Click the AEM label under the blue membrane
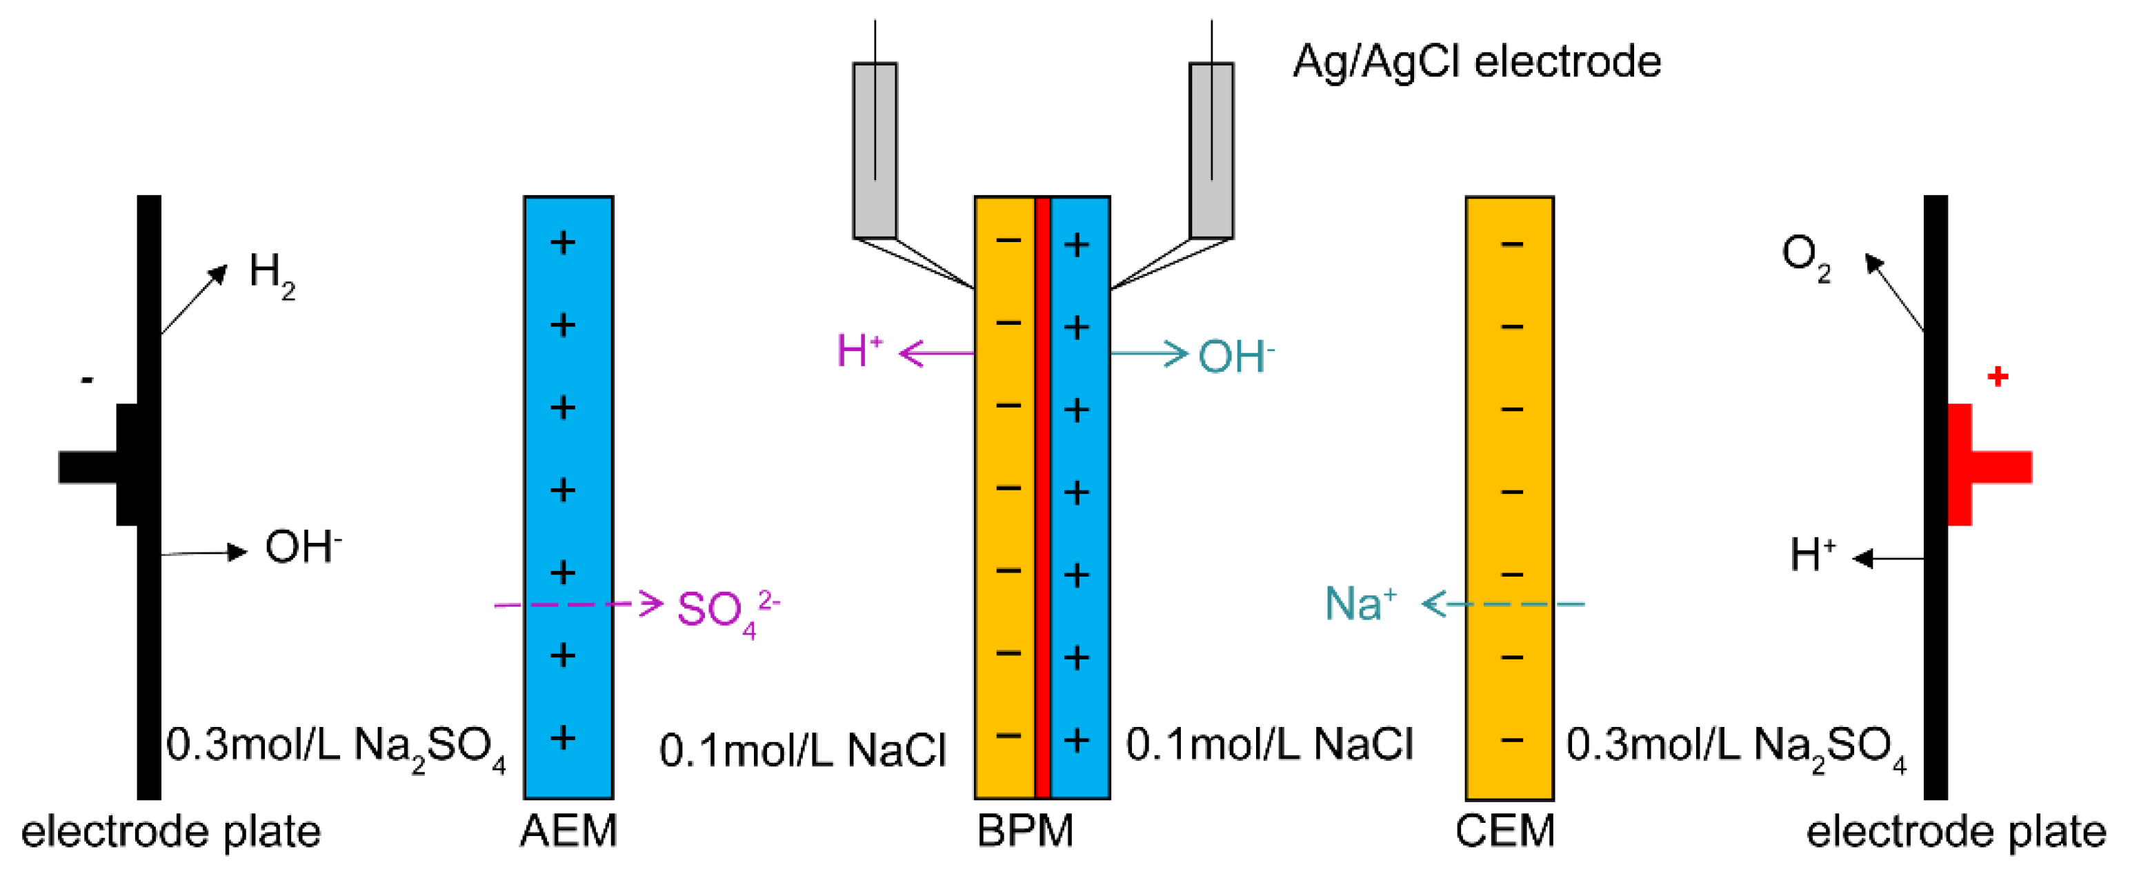[569, 831]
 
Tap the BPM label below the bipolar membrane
[1026, 831]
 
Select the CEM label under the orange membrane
[1505, 831]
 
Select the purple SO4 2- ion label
[728, 613]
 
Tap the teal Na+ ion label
[1361, 604]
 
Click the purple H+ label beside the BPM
[859, 350]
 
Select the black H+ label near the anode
[1813, 555]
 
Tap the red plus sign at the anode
[1998, 377]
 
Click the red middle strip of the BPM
[1042, 497]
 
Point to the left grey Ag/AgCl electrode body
[875, 150]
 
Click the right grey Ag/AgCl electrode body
[1211, 150]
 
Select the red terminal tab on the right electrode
[1989, 465]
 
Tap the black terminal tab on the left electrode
[98, 465]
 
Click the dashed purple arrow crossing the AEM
[579, 604]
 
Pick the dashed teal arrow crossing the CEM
[1504, 604]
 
